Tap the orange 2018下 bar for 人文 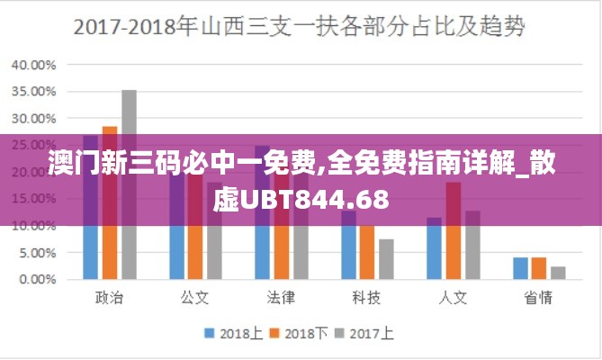454,231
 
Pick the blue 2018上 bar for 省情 520,268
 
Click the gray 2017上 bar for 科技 386,259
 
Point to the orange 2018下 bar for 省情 539,268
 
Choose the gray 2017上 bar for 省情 558,273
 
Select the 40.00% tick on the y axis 33,65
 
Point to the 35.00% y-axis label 33,92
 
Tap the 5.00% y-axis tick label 36,253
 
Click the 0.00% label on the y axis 36,280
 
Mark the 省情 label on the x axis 538,296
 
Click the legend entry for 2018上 233,333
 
